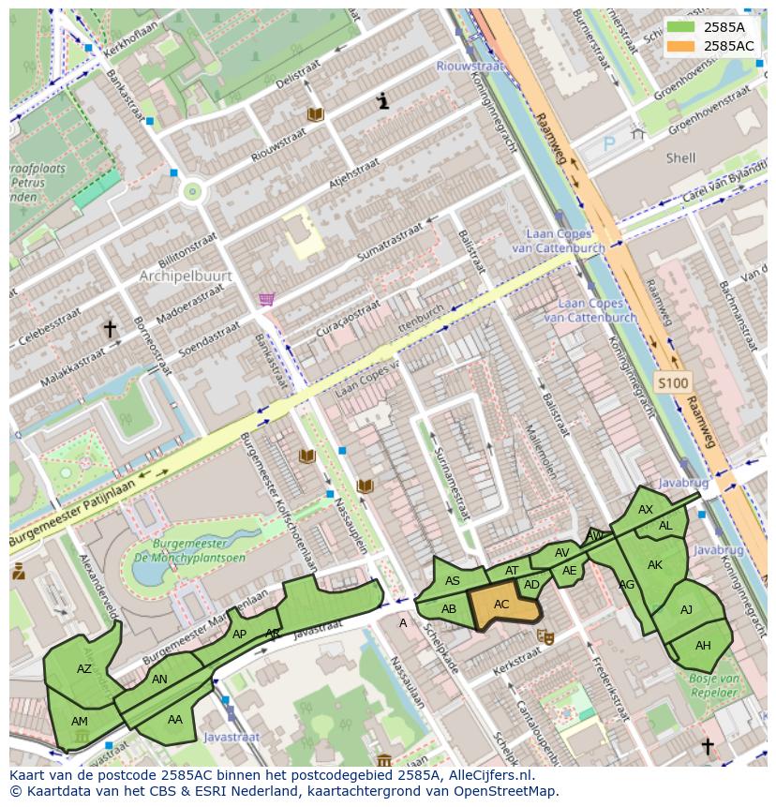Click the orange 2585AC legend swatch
click(x=682, y=45)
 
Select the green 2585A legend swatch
click(x=682, y=27)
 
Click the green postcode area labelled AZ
click(x=84, y=668)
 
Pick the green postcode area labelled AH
click(x=703, y=645)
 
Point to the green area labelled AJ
click(x=686, y=610)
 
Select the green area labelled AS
click(x=453, y=581)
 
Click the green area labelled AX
click(x=645, y=510)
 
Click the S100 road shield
click(x=672, y=382)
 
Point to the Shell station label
click(x=680, y=158)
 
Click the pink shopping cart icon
click(x=267, y=299)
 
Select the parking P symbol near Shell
click(x=608, y=144)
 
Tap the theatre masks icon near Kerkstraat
click(x=544, y=636)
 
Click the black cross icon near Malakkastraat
click(x=110, y=328)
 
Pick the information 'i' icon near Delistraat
click(x=382, y=101)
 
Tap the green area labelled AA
click(x=175, y=720)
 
